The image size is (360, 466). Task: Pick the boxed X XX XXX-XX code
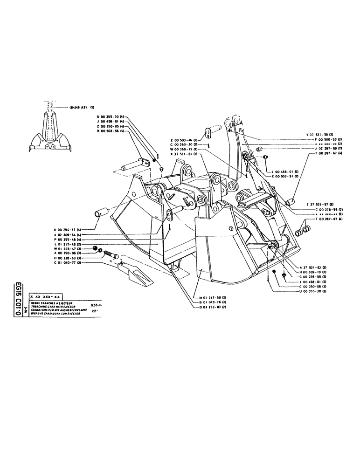[x=45, y=296]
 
